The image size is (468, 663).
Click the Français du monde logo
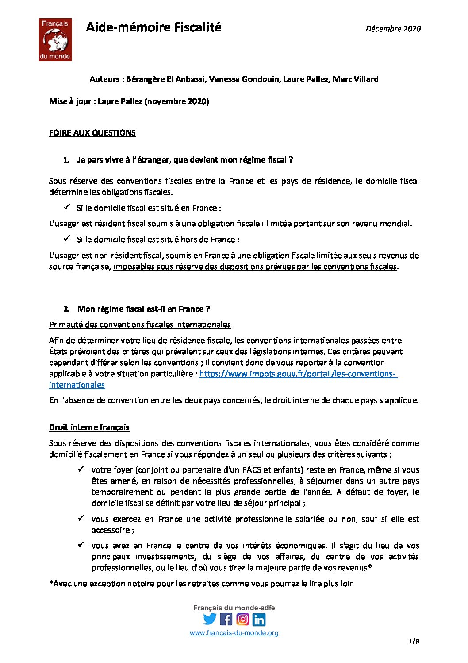tap(55, 39)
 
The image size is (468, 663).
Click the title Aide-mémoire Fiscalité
tap(153, 27)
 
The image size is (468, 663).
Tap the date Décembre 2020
tap(393, 29)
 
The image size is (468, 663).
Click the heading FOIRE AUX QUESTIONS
tap(92, 133)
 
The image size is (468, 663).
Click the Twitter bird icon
tap(210, 619)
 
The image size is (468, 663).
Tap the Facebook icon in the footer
tap(226, 619)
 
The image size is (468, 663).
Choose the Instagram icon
tap(242, 619)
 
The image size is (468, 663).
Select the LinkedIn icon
tap(259, 619)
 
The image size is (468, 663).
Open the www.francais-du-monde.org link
tap(234, 633)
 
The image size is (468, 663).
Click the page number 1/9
tap(414, 641)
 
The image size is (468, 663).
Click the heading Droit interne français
tap(89, 427)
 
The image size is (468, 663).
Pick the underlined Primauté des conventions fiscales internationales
tap(140, 325)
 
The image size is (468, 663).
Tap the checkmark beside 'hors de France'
tap(67, 239)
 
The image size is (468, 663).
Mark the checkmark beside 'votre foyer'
tap(81, 469)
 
